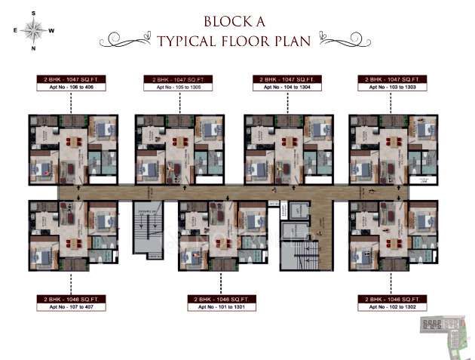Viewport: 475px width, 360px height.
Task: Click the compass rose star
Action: [33, 30]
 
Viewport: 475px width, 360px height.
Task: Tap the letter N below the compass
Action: [33, 49]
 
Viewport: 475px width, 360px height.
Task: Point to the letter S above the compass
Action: [33, 13]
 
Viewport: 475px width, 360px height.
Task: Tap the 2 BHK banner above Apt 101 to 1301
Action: [224, 299]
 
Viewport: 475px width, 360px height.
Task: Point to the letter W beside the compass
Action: [51, 31]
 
